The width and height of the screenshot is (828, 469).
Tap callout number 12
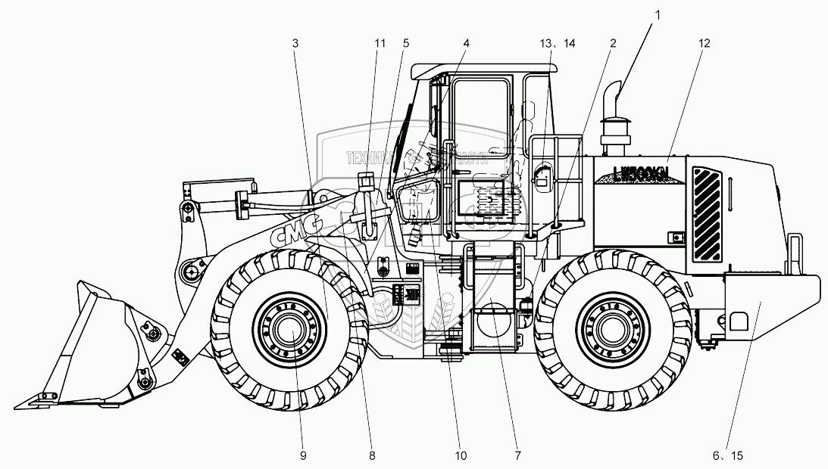705,43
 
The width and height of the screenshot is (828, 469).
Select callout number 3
295,43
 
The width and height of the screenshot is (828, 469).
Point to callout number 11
380,43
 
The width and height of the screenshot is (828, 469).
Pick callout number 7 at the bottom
518,455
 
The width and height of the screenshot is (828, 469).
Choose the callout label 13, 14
558,43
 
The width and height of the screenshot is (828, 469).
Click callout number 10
461,455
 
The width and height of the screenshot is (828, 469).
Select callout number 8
372,455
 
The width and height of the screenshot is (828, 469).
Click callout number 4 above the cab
466,43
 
